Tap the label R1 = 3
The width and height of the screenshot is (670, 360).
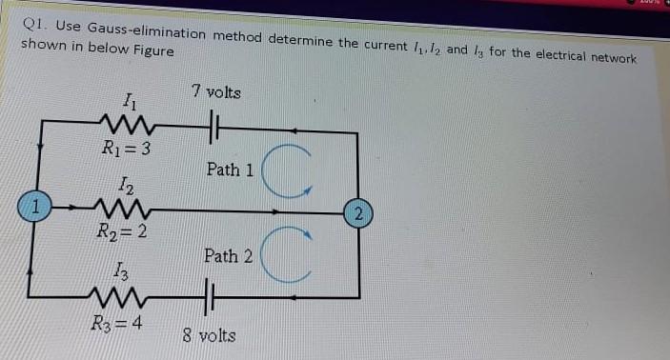(x=126, y=148)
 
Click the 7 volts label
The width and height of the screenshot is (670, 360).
(x=215, y=92)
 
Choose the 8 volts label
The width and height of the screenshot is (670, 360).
(x=210, y=337)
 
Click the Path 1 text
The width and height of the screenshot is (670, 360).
(x=230, y=170)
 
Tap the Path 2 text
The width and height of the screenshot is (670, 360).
(x=228, y=256)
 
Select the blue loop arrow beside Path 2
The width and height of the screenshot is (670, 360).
(x=284, y=255)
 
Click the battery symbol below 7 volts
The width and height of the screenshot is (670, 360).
(x=214, y=125)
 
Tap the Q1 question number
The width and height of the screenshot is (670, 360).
(x=35, y=26)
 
